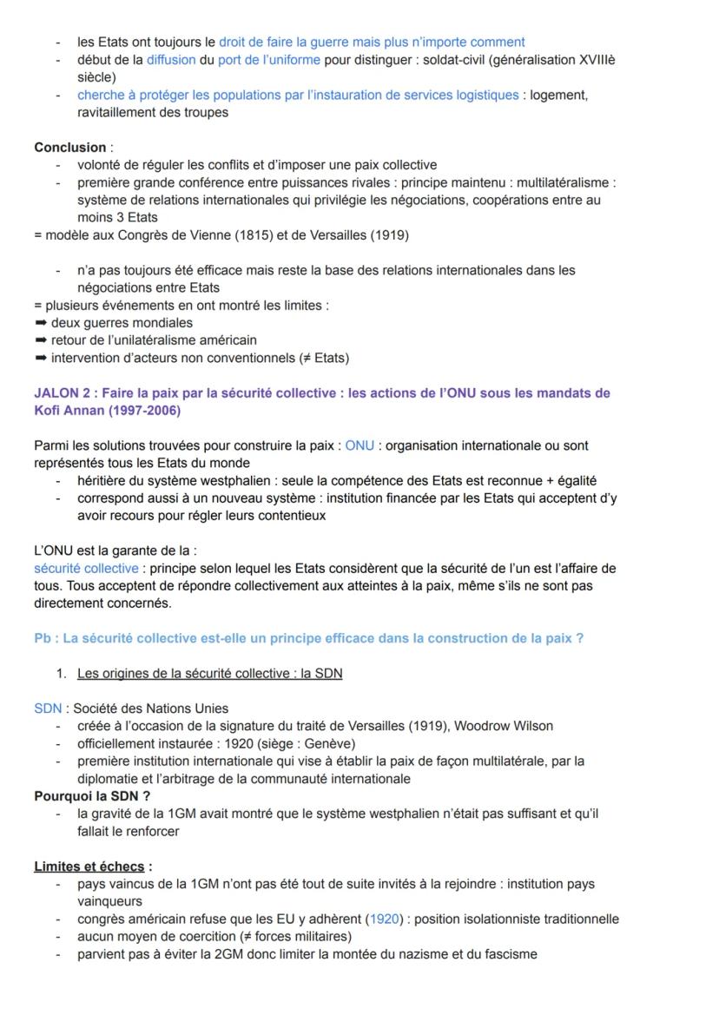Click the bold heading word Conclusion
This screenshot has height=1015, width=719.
(x=69, y=148)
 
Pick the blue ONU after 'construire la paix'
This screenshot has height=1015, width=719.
(x=359, y=445)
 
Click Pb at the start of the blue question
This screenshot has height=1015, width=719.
(x=43, y=638)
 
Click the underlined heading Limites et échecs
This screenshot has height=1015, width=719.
(x=89, y=867)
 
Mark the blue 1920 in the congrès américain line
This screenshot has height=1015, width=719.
(x=384, y=919)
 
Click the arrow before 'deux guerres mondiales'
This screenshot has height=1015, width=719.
(x=40, y=323)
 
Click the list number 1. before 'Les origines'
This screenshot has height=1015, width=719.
(x=62, y=674)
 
